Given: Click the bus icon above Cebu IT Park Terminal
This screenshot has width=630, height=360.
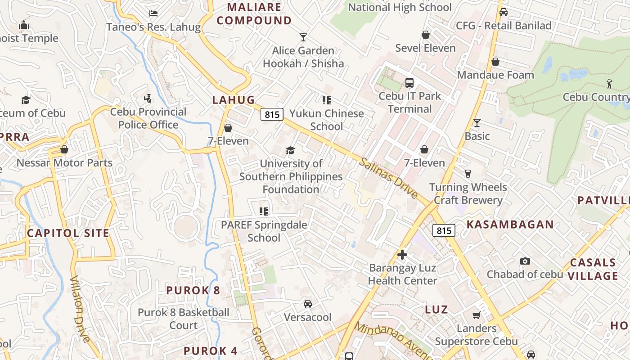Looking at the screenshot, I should pyautogui.click(x=409, y=83).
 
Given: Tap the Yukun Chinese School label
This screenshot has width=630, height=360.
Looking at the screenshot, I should pyautogui.click(x=327, y=120).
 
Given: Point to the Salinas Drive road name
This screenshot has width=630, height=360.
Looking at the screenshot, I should pyautogui.click(x=388, y=179).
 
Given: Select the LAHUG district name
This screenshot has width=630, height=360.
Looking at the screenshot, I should pyautogui.click(x=233, y=100).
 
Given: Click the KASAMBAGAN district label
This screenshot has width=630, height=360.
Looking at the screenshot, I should pyautogui.click(x=510, y=225).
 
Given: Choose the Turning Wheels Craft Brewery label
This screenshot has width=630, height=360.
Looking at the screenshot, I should pyautogui.click(x=468, y=193).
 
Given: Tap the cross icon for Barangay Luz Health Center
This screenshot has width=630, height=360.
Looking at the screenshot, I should pyautogui.click(x=402, y=255).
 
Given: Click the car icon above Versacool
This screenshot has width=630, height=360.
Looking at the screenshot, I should pyautogui.click(x=308, y=304).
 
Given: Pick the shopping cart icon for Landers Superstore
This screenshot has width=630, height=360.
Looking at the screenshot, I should pyautogui.click(x=476, y=315).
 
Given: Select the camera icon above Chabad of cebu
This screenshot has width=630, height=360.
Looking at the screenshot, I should pyautogui.click(x=525, y=261).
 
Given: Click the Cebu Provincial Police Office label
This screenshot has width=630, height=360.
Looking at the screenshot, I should pyautogui.click(x=148, y=118).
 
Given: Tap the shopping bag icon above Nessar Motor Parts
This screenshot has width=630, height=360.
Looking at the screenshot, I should pyautogui.click(x=64, y=149).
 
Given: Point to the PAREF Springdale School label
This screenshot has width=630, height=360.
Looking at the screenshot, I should pyautogui.click(x=264, y=231).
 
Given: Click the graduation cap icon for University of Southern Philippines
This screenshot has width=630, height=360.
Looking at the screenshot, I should pyautogui.click(x=291, y=150).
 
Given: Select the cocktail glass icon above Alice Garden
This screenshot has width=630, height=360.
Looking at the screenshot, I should pyautogui.click(x=303, y=37).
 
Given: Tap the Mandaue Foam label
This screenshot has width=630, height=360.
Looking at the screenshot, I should pyautogui.click(x=495, y=75).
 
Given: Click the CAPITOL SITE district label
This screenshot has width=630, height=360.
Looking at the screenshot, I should pyautogui.click(x=68, y=233).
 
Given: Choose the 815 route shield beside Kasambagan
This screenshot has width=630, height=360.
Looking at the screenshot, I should pyautogui.click(x=444, y=231).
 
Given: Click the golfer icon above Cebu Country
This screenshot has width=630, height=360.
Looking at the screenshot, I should pyautogui.click(x=609, y=83).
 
